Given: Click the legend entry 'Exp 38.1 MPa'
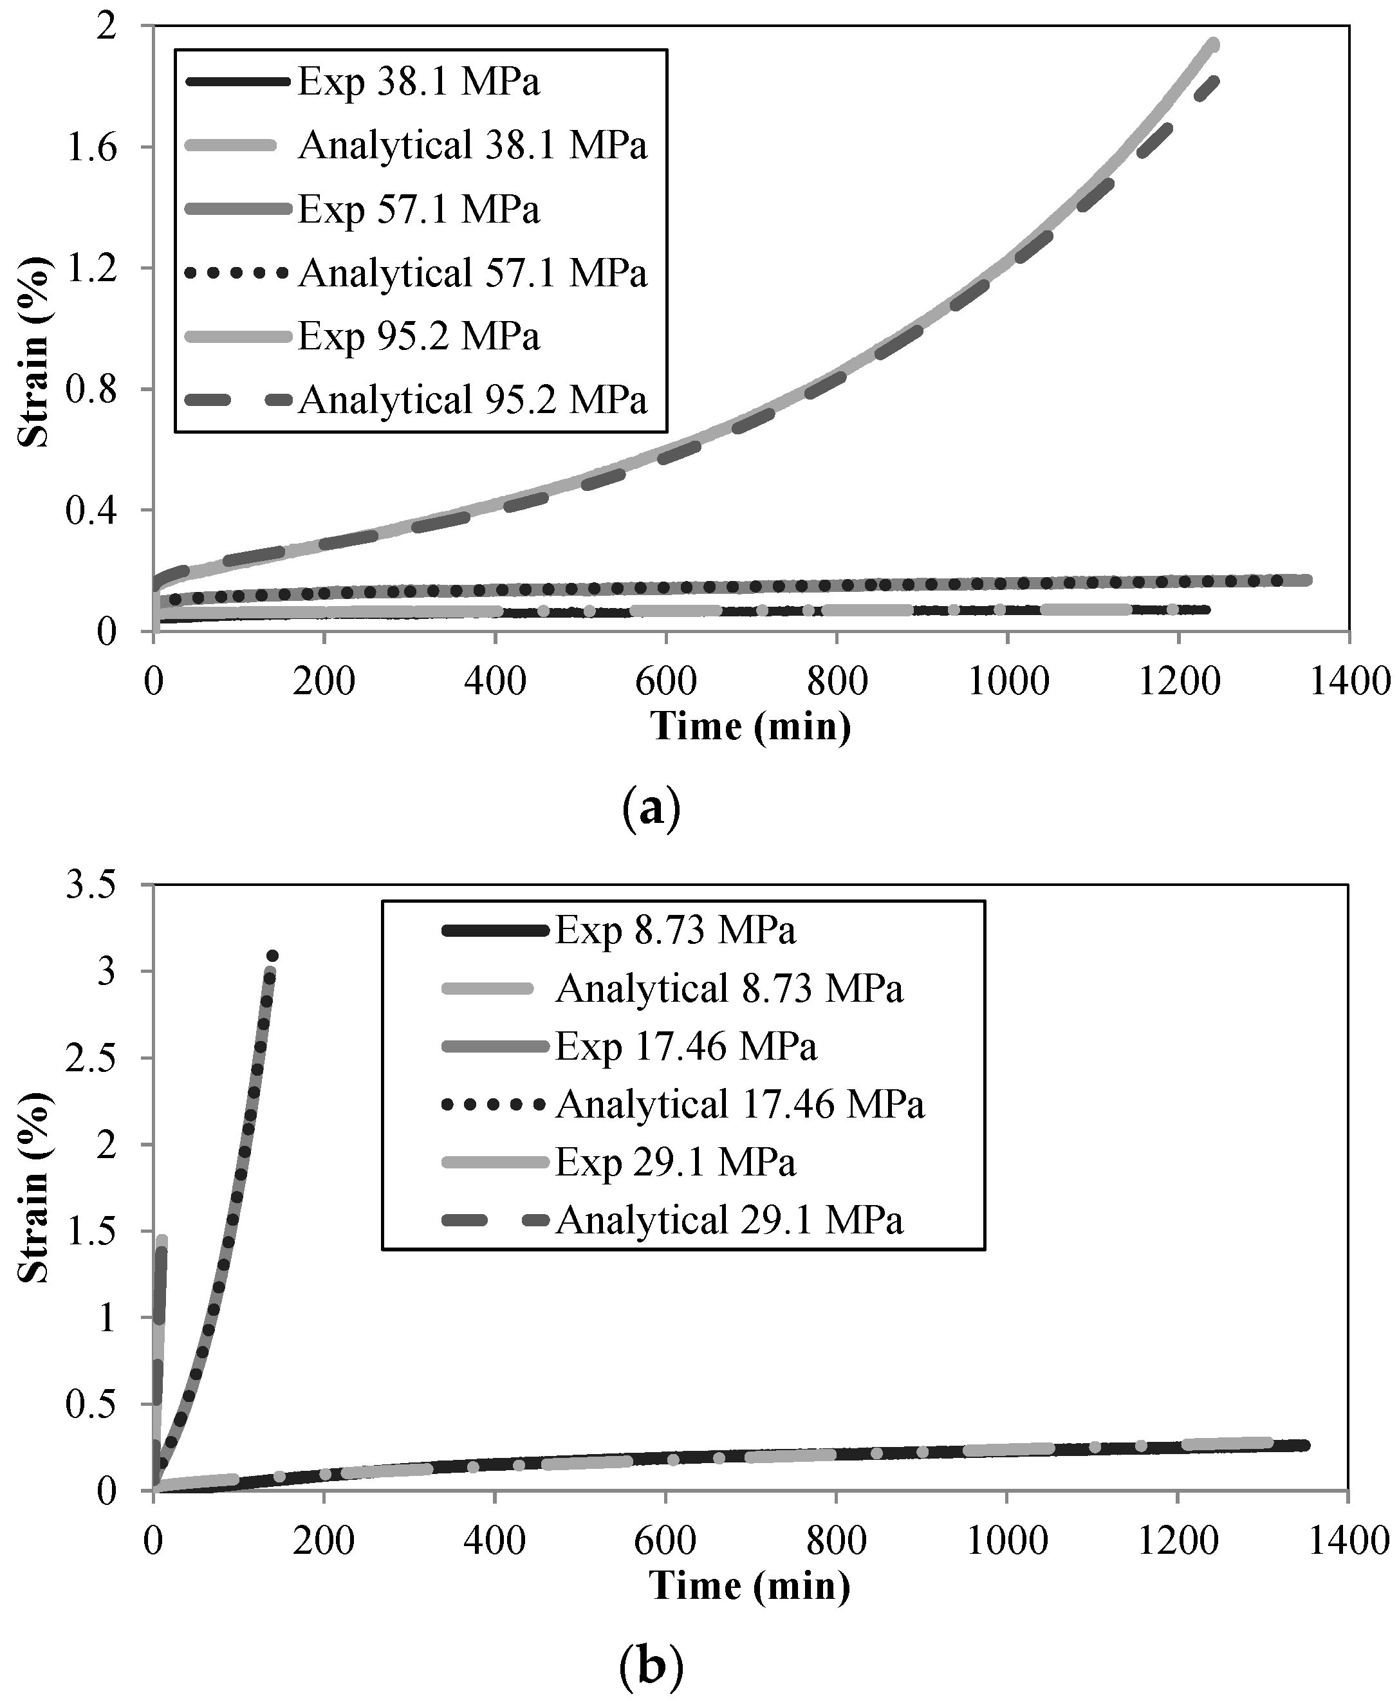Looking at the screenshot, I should pos(418,82).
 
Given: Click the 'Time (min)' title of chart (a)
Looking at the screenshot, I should pos(750,726).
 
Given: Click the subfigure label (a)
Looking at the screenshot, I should pos(651,807).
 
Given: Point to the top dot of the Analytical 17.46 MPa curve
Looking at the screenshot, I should pos(272,955).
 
